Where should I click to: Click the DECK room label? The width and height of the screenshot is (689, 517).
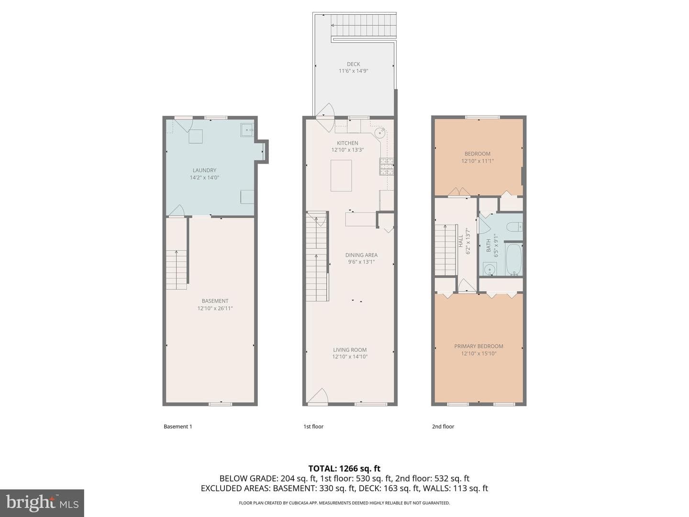click(x=353, y=64)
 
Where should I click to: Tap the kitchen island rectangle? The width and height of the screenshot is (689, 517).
click(x=341, y=176)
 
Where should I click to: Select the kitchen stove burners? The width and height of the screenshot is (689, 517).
click(x=387, y=166)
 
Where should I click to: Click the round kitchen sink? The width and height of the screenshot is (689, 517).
click(x=380, y=133)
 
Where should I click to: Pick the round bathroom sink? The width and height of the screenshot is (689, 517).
click(x=489, y=270)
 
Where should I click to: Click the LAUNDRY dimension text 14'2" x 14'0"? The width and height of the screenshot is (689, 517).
click(x=204, y=177)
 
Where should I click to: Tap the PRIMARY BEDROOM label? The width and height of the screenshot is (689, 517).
click(x=478, y=346)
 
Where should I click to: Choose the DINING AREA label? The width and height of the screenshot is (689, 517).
click(x=361, y=255)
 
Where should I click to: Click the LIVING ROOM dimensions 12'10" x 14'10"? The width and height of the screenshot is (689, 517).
click(x=350, y=357)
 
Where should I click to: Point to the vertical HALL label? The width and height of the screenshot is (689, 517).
click(x=460, y=241)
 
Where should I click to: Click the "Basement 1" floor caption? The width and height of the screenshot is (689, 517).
click(x=178, y=426)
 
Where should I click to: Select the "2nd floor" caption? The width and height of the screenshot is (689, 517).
click(x=443, y=426)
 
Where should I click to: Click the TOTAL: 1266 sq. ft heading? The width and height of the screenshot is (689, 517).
click(x=344, y=468)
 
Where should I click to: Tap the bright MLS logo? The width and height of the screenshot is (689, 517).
click(x=42, y=503)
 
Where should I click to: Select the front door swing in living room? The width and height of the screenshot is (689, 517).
click(x=318, y=395)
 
